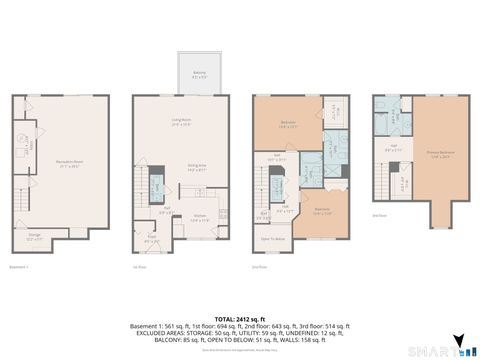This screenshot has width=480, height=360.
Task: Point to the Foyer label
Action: [151, 240]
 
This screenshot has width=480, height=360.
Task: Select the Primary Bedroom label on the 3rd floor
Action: [441, 155]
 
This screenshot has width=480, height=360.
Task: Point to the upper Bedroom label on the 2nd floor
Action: [287, 125]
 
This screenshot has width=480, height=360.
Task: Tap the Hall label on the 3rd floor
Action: [393, 149]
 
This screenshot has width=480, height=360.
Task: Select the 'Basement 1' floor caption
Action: [21, 268]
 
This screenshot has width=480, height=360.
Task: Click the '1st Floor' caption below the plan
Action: [141, 268]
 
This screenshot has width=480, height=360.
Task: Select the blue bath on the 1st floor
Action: [158, 189]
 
